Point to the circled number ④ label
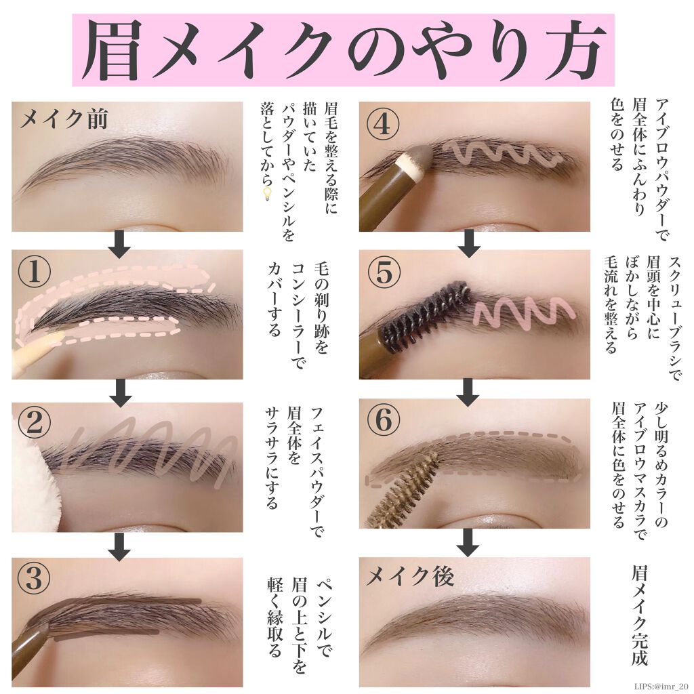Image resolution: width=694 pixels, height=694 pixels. (x=384, y=125)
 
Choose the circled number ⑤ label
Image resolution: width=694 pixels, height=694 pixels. (x=384, y=272)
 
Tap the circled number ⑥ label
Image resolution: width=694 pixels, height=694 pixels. (x=384, y=422)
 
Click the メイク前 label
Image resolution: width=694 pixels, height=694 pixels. (x=64, y=120)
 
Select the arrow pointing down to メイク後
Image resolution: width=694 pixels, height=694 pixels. (x=468, y=540)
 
